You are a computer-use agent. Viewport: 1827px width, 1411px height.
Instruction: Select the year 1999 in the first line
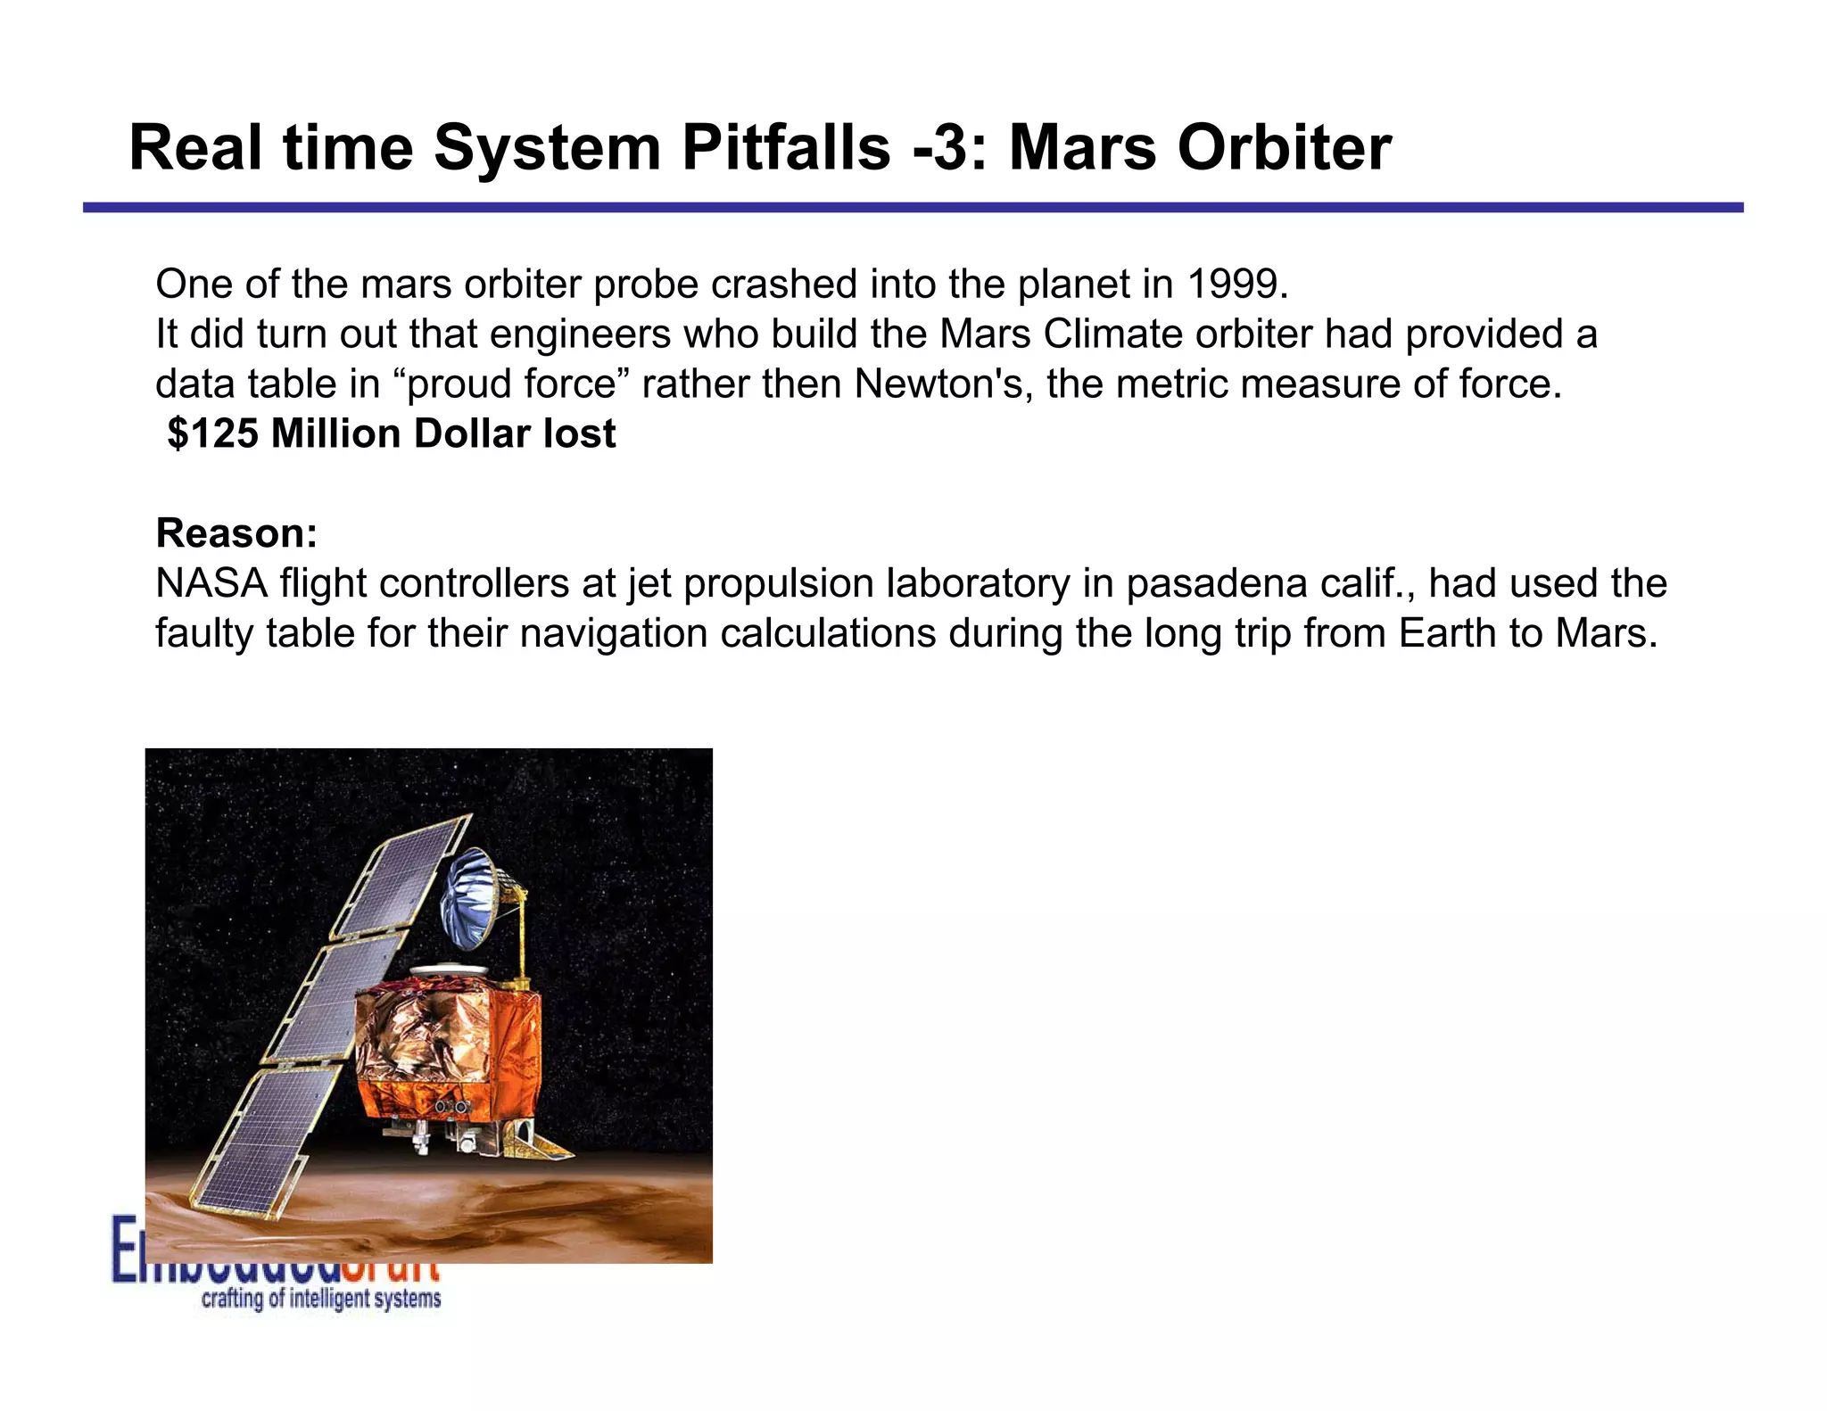1237,285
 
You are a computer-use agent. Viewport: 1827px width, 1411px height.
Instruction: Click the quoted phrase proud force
512,384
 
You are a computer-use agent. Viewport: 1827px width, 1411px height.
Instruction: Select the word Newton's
944,384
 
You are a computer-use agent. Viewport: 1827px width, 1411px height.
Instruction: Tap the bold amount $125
212,434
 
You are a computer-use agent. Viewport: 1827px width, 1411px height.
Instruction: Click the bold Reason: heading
236,533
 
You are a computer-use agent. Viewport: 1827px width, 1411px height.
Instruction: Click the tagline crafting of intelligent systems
321,1299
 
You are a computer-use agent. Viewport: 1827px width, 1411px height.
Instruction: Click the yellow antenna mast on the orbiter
520,937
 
